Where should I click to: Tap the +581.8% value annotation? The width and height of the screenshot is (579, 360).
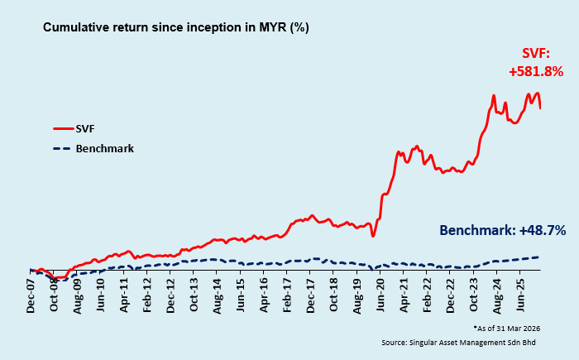[536, 71]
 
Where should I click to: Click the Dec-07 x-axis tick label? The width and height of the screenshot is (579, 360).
[31, 293]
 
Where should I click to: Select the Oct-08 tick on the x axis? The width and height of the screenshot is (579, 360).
[55, 293]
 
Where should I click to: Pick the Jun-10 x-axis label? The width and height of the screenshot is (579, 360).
[101, 293]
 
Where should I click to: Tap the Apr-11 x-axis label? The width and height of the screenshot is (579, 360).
[125, 293]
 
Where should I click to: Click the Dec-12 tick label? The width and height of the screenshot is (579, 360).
[171, 293]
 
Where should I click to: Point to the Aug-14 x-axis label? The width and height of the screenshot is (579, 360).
[218, 293]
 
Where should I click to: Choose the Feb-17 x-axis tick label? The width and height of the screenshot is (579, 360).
[288, 293]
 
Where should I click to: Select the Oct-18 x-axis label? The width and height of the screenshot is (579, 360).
[334, 293]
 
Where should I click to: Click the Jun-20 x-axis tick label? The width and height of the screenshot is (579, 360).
[381, 293]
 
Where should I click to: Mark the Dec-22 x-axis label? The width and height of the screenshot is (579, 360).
[451, 293]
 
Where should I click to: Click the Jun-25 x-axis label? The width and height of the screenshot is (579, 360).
[521, 293]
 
